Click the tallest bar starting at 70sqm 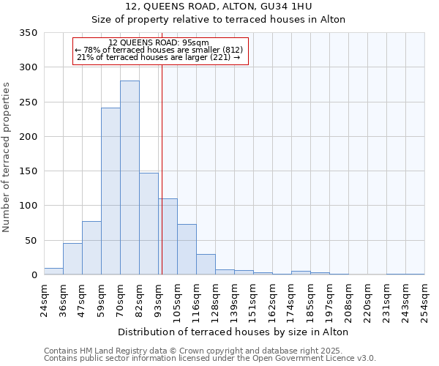(x=130, y=178)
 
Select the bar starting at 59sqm (x=110, y=192)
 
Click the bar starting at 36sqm (x=72, y=259)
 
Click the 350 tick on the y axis (x=28, y=33)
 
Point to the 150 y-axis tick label (x=28, y=171)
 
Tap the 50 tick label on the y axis (x=30, y=240)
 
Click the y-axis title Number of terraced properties (x=7, y=157)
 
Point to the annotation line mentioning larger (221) (x=158, y=57)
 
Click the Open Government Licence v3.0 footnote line (x=210, y=359)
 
